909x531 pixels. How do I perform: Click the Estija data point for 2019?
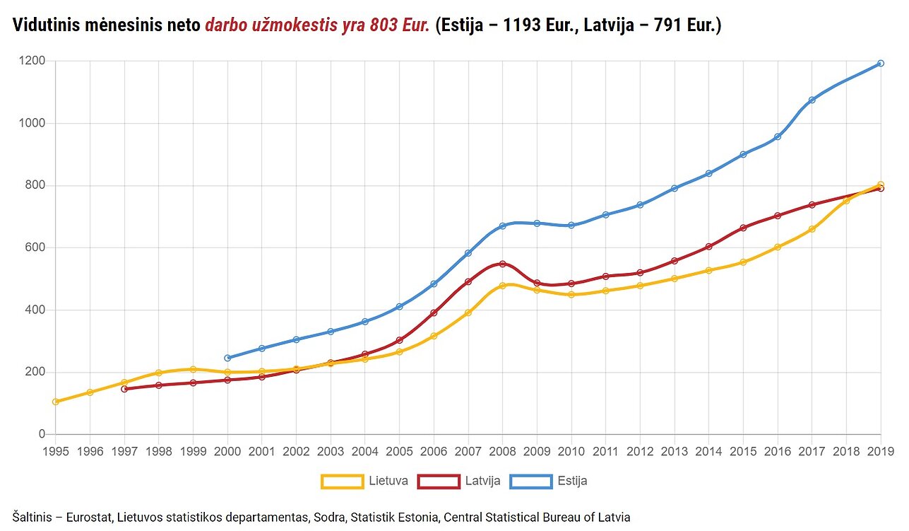881,64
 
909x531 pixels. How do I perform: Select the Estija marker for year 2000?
227,358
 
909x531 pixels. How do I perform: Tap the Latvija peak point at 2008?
502,264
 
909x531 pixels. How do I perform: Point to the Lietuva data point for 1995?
56,402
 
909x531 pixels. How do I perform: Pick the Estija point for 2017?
812,100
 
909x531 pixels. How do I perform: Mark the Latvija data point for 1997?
124,389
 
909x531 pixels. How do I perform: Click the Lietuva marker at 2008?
502,286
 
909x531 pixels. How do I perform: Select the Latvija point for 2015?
743,228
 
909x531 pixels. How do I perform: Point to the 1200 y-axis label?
32,61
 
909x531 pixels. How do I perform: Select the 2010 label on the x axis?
571,451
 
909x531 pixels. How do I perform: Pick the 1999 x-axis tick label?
193,451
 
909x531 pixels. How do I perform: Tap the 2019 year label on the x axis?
881,451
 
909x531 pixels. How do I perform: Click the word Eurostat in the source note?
89,517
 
